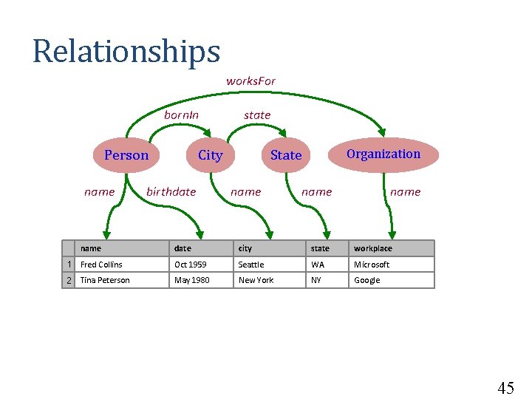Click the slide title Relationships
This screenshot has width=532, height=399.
126,52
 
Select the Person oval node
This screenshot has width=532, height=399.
126,155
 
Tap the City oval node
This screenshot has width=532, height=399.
210,155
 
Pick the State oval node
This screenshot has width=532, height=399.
286,155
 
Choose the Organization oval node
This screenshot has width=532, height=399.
383,154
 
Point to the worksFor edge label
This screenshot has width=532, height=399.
250,81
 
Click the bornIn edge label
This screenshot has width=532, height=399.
181,115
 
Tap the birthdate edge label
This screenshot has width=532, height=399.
171,191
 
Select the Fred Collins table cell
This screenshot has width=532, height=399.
101,265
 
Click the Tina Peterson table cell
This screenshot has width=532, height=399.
104,280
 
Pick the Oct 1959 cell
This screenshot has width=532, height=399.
190,265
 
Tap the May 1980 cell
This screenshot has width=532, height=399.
191,280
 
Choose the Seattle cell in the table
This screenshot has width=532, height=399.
251,265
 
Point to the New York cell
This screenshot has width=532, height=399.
256,280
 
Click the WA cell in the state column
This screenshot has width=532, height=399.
318,265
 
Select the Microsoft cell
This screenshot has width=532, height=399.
372,265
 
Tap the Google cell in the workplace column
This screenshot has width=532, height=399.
366,280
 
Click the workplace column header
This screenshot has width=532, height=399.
373,248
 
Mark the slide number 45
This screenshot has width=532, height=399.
505,389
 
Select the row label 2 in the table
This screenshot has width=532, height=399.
69,280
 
